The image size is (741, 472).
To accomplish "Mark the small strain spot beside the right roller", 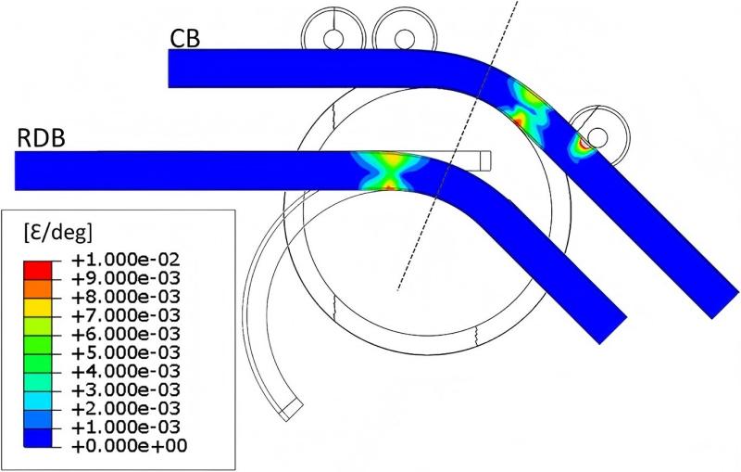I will click(582, 143).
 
